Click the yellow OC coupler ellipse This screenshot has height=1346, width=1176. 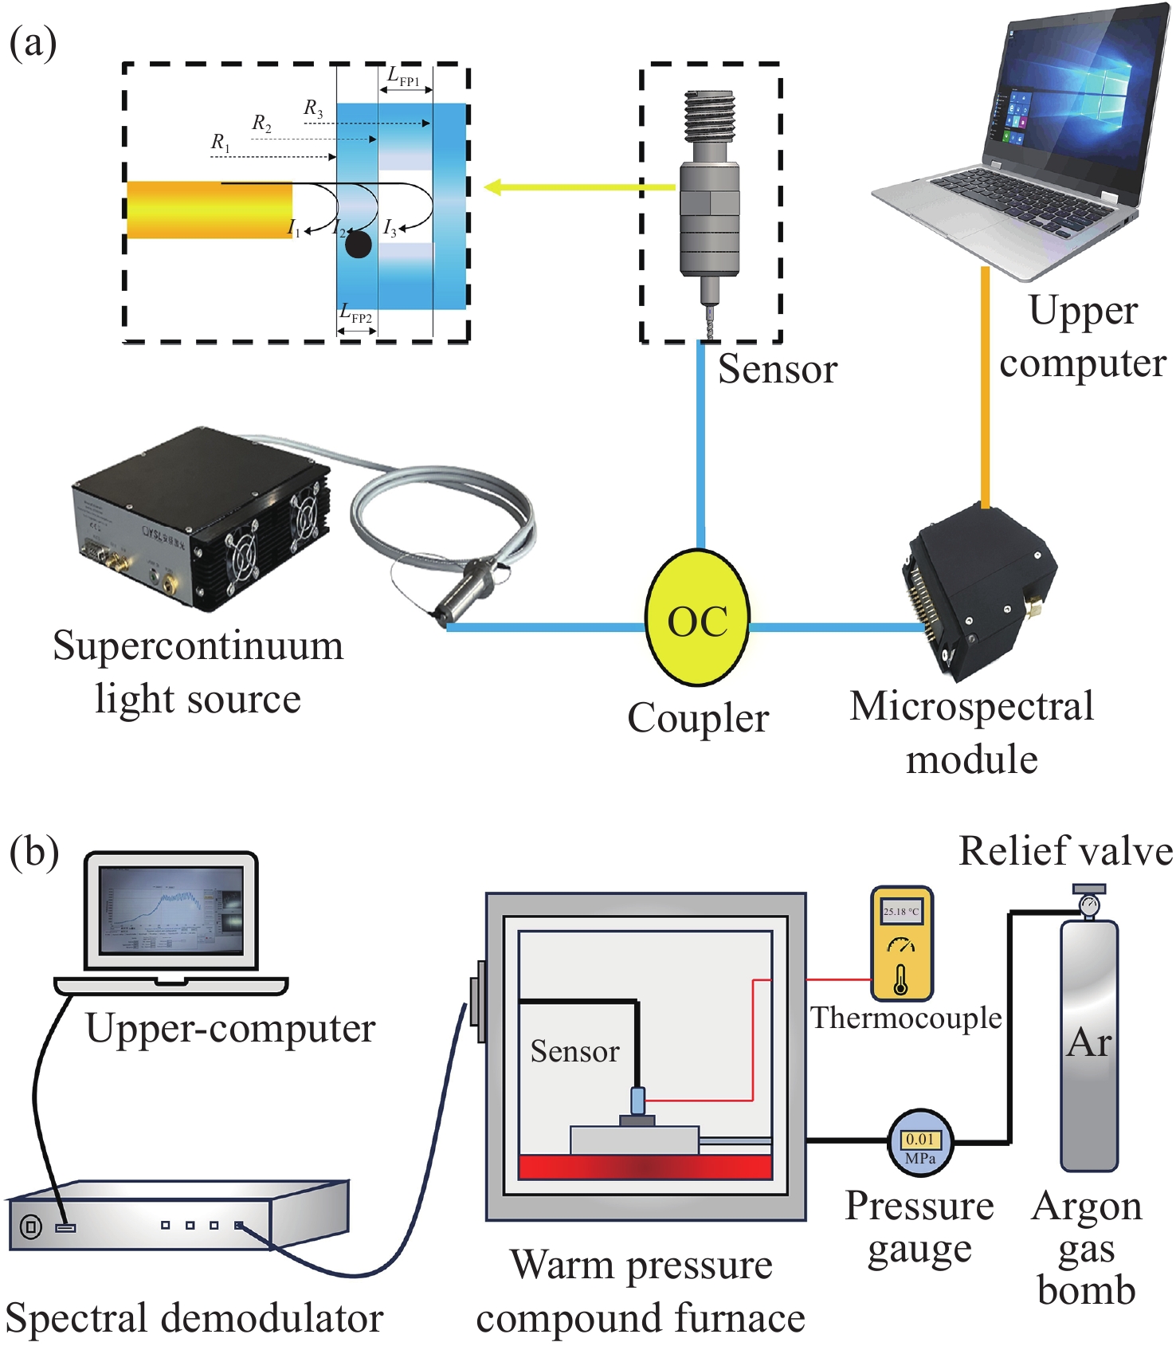697,620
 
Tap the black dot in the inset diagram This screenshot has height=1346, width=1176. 359,245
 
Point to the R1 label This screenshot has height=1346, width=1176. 220,143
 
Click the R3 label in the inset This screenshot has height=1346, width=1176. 313,108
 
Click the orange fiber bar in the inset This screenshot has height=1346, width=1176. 210,210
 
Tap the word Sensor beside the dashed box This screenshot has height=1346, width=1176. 777,370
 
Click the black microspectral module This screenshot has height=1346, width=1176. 977,590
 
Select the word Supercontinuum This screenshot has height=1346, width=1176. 198,646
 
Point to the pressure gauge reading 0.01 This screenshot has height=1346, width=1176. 920,1140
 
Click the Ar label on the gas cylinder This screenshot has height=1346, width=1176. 1088,1042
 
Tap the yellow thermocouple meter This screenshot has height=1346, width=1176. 901,944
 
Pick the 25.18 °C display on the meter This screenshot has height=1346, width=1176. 901,911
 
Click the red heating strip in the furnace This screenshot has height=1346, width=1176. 645,1167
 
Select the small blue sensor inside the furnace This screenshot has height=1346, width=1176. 637,1100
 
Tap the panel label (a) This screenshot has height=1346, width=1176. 33,43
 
